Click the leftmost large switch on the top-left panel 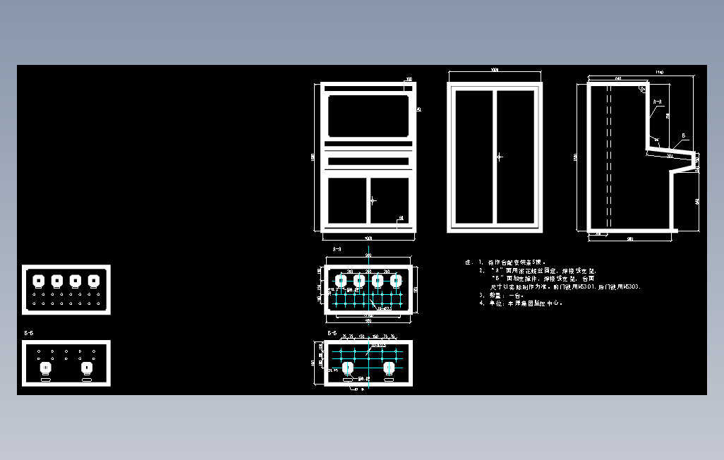click(40, 280)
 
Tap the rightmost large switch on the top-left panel click(93, 280)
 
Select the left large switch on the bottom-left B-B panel click(46, 368)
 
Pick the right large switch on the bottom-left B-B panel click(87, 368)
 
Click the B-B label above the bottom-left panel click(29, 332)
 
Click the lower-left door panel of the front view click(347, 200)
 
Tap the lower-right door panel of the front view click(390, 200)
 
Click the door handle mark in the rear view click(499, 157)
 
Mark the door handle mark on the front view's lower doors click(373, 200)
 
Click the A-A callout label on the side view click(657, 102)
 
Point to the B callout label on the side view click(683, 135)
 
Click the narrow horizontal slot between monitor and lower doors click(368, 161)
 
